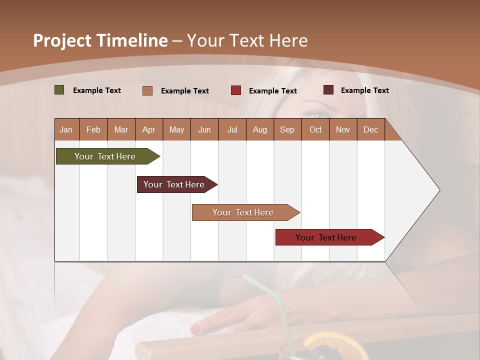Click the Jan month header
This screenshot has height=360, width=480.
tap(66, 129)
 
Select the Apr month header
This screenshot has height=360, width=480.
tap(148, 129)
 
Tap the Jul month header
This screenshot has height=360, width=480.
tap(232, 129)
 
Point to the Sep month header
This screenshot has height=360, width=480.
tap(287, 129)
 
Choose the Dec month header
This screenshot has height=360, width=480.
tap(370, 129)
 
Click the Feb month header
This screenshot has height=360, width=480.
tap(93, 129)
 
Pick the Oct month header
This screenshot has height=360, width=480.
tap(315, 129)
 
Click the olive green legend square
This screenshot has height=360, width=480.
tap(59, 90)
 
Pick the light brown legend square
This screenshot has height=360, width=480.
tap(147, 90)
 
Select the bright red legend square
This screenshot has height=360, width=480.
tap(236, 90)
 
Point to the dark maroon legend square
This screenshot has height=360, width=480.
tap(328, 90)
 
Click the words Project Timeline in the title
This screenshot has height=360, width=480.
tap(100, 40)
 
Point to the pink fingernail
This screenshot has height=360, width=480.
tap(195, 329)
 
